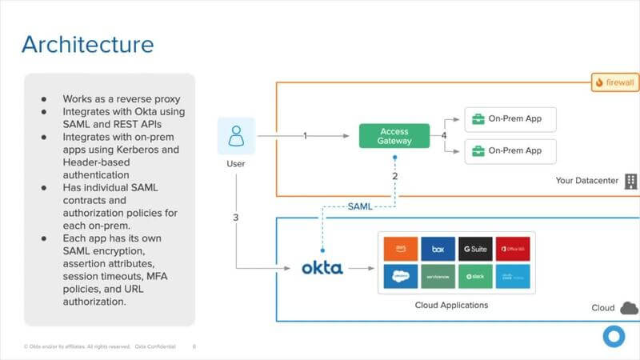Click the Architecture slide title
(87, 43)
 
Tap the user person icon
(236, 136)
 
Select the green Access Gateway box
(394, 136)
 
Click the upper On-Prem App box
(510, 119)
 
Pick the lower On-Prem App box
(510, 150)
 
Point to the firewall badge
(614, 82)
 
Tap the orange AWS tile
(400, 249)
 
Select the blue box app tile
(438, 249)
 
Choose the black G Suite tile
(475, 249)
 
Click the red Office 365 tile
(512, 249)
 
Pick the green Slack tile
(475, 276)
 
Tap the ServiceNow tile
(438, 276)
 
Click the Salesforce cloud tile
(400, 276)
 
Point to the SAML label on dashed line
(359, 206)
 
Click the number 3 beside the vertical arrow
(236, 217)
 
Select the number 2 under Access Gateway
(394, 175)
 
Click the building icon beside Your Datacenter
(631, 181)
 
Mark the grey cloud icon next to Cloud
(629, 308)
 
